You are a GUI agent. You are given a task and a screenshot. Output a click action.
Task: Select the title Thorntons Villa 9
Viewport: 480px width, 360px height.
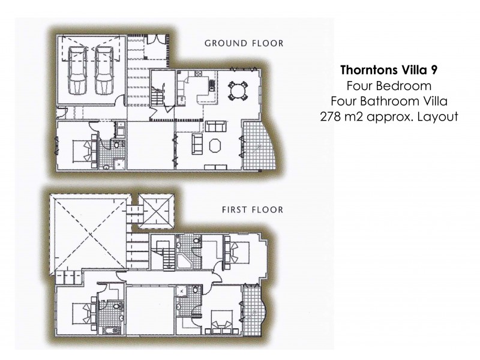tap(380, 70)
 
